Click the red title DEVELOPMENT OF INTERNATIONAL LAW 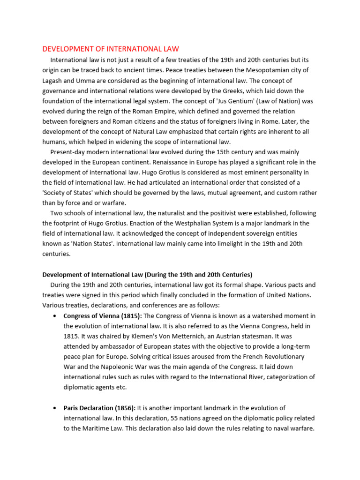(111, 49)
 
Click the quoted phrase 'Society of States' (68, 193)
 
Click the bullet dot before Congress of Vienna (56, 315)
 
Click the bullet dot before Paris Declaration (56, 408)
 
